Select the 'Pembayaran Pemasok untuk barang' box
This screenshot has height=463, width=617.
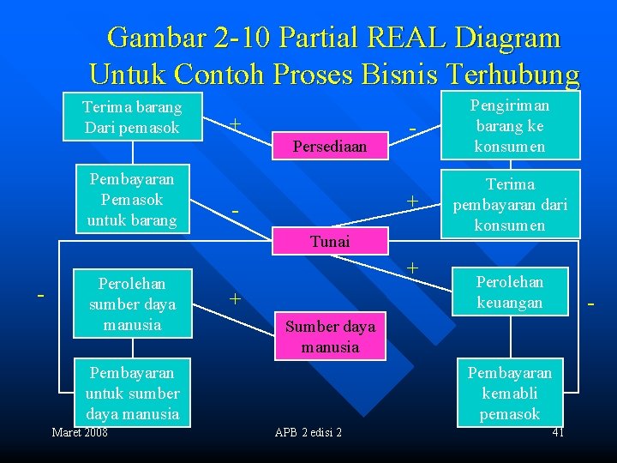tap(132, 200)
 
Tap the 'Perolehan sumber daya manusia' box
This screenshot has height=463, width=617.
tap(132, 304)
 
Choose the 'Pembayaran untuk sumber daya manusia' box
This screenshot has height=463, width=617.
tap(132, 394)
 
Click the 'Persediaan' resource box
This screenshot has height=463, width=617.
tap(330, 147)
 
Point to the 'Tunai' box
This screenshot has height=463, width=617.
tap(330, 242)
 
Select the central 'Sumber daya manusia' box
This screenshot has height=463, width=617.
tap(330, 336)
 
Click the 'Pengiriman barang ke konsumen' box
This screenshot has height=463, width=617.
tap(510, 125)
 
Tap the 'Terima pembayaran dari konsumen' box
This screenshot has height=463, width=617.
tap(510, 205)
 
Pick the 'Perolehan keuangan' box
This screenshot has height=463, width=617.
tap(509, 292)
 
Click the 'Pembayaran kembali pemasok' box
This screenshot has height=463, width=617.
tap(510, 394)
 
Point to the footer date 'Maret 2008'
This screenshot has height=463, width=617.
tap(80, 432)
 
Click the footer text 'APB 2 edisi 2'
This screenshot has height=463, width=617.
tap(308, 432)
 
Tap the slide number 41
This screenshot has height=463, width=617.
tap(558, 432)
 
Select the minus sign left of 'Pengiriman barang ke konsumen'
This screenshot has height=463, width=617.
tap(412, 129)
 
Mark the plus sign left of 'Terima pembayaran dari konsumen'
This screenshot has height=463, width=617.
tap(412, 200)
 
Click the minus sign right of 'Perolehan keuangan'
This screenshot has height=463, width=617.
tap(590, 304)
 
